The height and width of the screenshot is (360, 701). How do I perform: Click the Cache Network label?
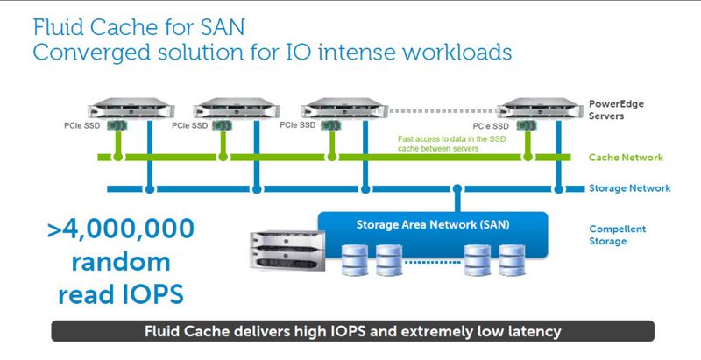626,157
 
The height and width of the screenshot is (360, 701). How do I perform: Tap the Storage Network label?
629,188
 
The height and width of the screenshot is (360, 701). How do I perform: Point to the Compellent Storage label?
618,235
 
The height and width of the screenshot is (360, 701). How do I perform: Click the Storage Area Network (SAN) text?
433,224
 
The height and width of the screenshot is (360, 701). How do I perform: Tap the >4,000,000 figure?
121,229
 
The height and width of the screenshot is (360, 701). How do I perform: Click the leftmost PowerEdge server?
131,109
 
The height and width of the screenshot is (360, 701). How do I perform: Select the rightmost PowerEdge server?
540,109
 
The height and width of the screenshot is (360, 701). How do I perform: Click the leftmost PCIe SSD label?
81,126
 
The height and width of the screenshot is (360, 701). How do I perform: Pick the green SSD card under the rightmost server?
528,125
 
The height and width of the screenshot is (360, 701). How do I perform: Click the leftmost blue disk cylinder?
355,260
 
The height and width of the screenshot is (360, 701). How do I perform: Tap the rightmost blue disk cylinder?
512,260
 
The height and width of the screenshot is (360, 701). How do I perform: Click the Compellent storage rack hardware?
287,251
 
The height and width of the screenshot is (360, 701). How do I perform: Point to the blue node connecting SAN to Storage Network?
457,189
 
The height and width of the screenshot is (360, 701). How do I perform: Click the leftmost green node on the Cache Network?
117,157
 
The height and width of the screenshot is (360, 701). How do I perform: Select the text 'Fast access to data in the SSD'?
451,139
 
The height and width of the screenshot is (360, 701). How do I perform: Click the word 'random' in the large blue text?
121,262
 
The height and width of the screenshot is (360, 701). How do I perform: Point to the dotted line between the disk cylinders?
433,262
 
